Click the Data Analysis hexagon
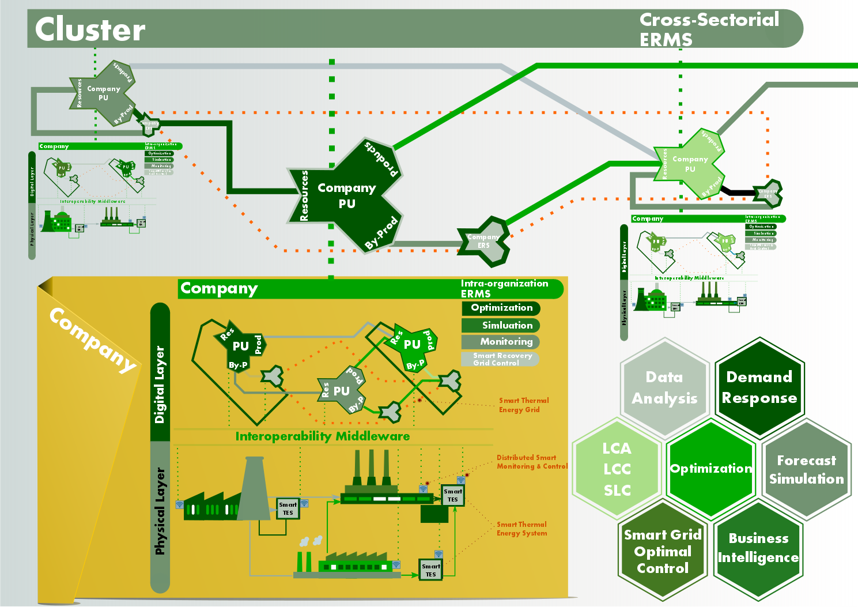point(664,387)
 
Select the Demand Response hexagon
point(759,387)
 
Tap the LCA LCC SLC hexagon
point(617,469)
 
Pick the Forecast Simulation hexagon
point(806,469)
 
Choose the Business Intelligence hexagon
point(758,548)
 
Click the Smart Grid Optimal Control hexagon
point(663,551)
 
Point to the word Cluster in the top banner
point(90,29)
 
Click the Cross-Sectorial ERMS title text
point(709,29)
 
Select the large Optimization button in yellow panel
point(501,308)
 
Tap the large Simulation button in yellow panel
point(501,325)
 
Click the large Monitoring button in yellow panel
point(501,342)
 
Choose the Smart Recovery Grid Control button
point(500,359)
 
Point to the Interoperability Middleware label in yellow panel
point(323,436)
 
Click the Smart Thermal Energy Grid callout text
point(523,405)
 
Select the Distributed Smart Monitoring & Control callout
point(531,462)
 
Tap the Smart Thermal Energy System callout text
point(521,529)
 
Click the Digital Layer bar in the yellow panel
point(160,372)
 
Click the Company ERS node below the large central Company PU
point(484,241)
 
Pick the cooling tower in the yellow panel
point(254,490)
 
